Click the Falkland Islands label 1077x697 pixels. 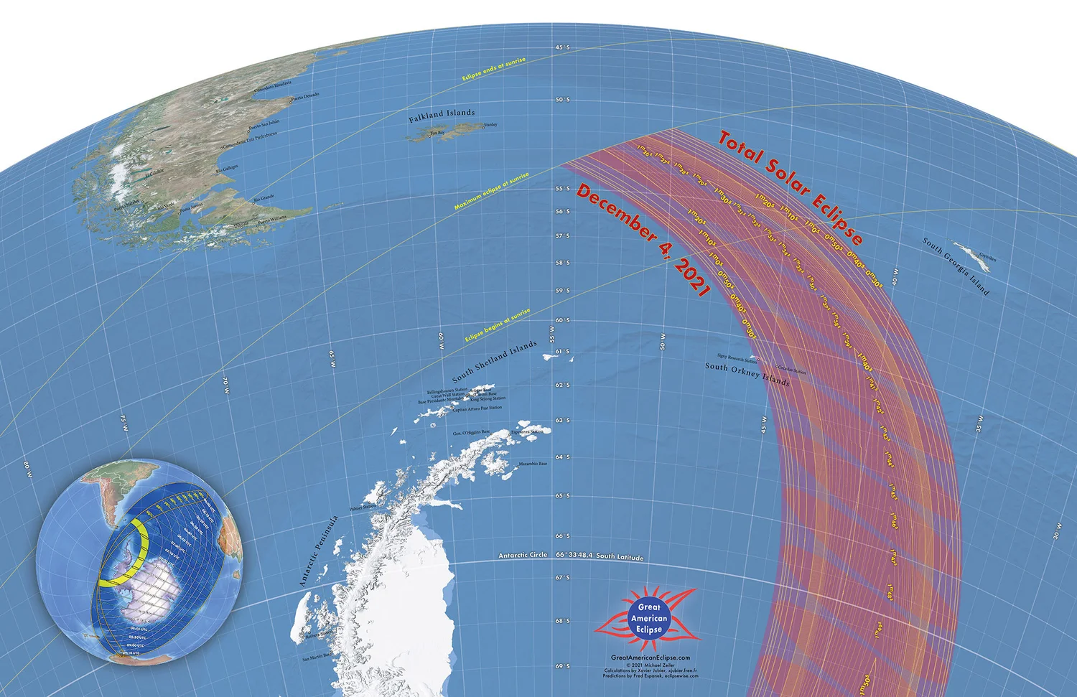tap(442, 116)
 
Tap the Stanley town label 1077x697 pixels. tap(490, 125)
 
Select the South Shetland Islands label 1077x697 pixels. tap(494, 362)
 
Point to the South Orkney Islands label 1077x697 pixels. tap(747, 374)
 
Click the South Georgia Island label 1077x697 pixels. tap(956, 266)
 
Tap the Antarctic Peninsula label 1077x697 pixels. tap(318, 551)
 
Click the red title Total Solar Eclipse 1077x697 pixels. tap(791, 187)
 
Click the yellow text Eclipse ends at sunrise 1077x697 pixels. tap(494, 70)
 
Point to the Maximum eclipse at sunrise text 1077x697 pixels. tap(491, 191)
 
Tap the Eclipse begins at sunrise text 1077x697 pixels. tap(498, 325)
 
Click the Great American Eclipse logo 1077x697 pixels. tap(648, 618)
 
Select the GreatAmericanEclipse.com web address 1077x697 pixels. tap(650, 658)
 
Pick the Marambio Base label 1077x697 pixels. tap(533, 464)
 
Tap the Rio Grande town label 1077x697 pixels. tap(264, 197)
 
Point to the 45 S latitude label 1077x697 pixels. tap(562, 47)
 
